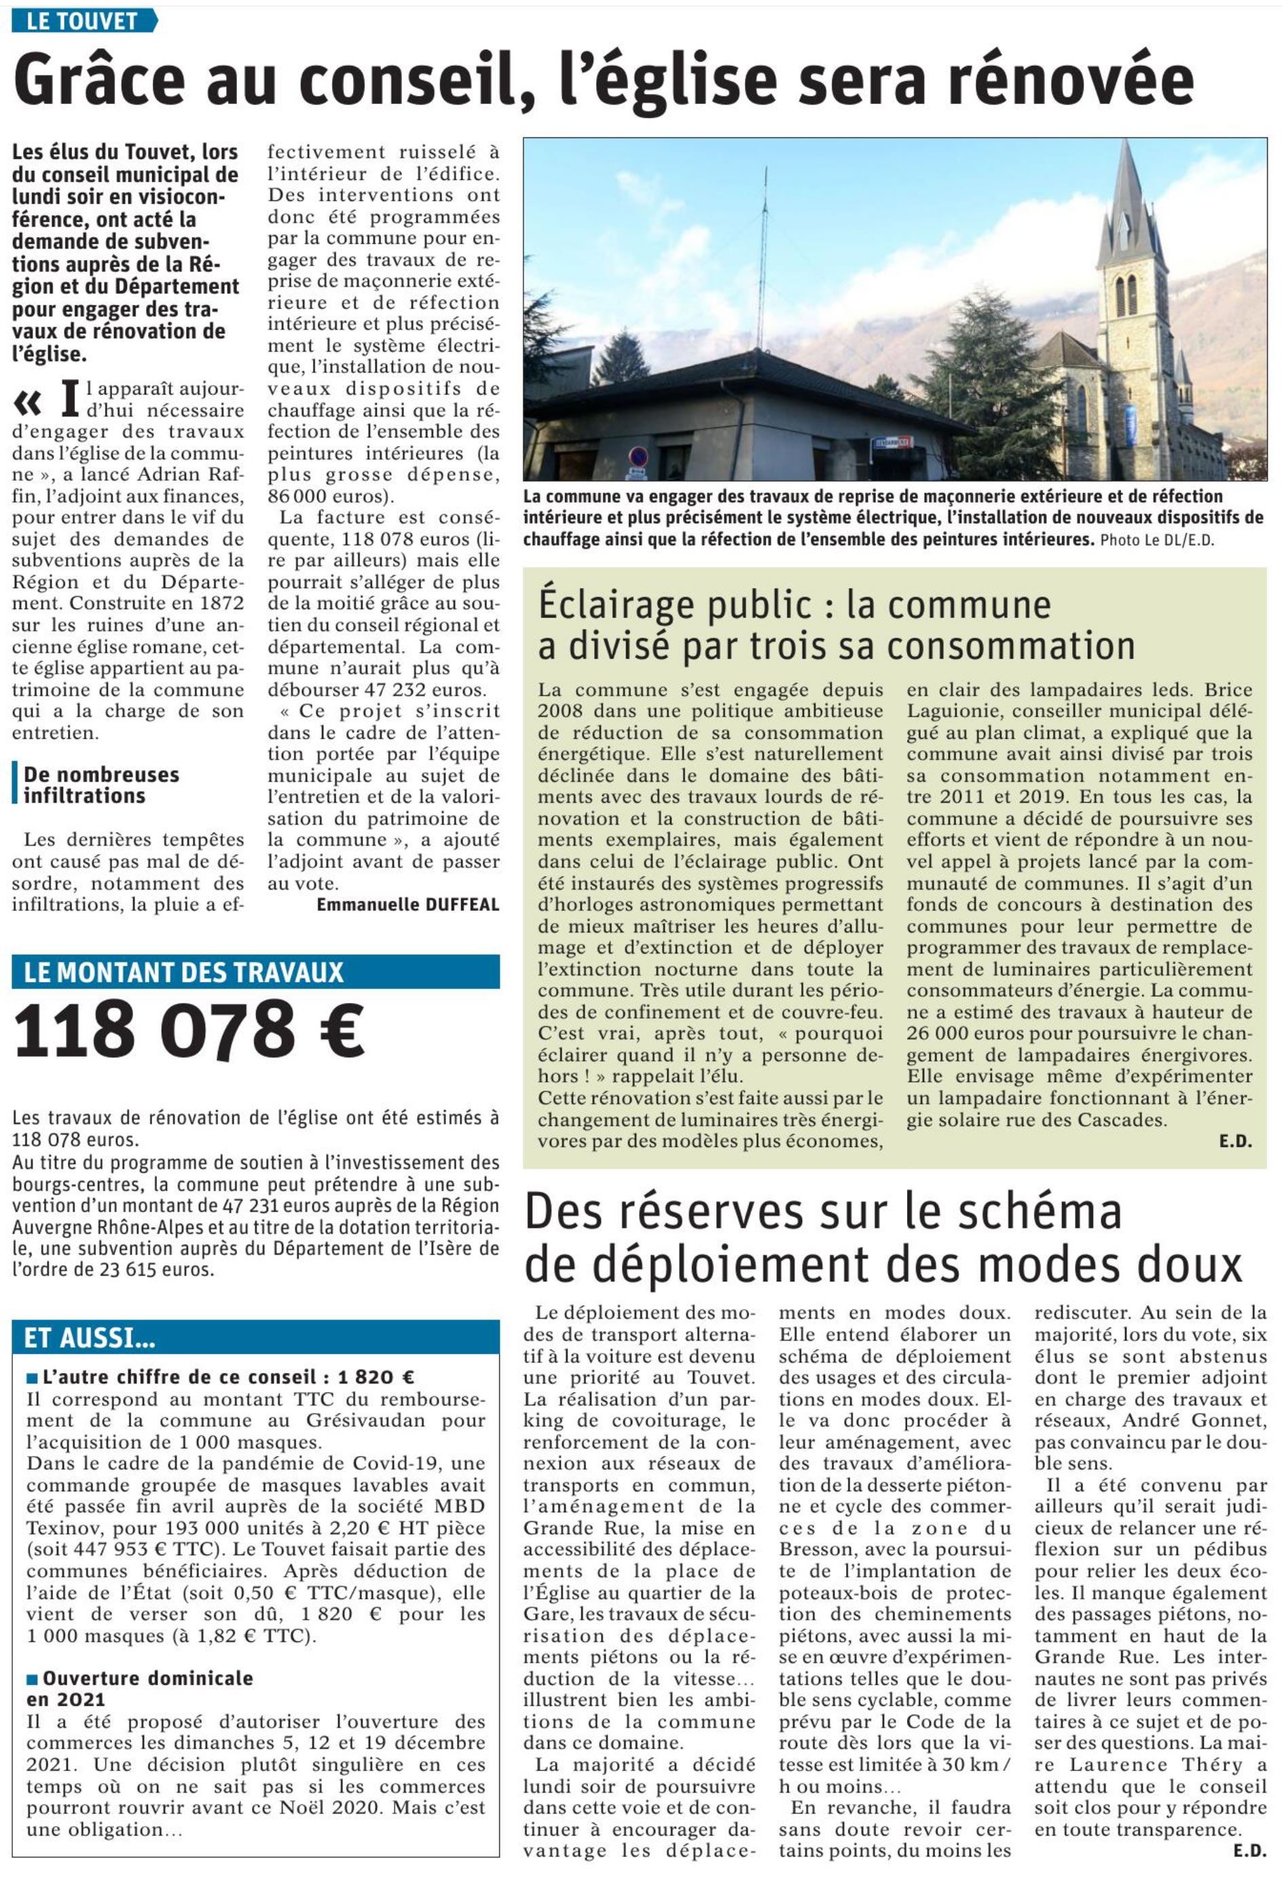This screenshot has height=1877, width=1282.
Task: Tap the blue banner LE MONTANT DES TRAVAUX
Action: point(184,972)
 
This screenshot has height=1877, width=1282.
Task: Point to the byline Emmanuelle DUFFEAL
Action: point(408,905)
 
